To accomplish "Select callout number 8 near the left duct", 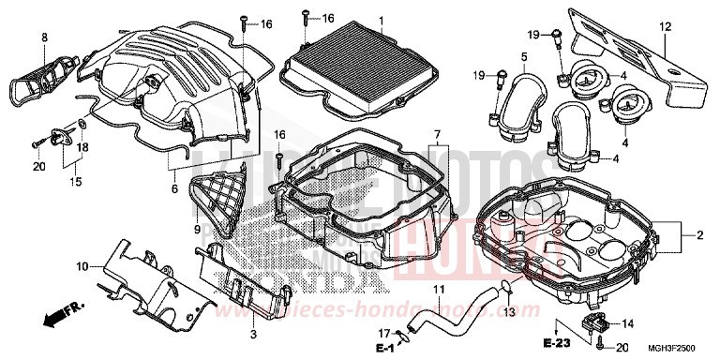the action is [43, 37].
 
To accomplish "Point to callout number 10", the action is [82, 240].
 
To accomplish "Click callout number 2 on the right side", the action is [698, 235].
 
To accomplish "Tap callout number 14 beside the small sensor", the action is [628, 324].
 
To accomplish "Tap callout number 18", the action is [82, 147].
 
